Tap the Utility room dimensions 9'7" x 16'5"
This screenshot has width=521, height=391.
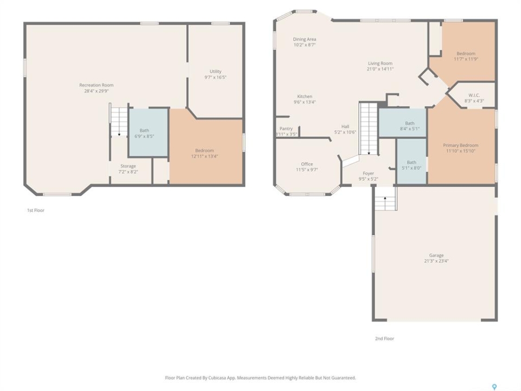click(215, 77)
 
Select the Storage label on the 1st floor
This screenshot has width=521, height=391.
click(128, 166)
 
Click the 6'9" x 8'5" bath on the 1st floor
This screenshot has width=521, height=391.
click(144, 134)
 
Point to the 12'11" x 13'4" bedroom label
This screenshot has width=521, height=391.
click(205, 153)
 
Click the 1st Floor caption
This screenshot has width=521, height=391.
click(36, 210)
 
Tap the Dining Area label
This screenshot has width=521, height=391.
click(304, 39)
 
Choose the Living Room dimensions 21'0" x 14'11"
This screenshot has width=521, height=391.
click(380, 69)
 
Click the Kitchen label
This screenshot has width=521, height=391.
click(304, 97)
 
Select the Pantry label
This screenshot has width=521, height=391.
click(286, 129)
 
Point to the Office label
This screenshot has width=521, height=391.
click(307, 164)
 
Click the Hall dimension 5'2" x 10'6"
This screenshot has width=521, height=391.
click(345, 132)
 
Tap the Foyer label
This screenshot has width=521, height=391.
click(368, 173)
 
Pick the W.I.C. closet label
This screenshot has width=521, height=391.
click(474, 95)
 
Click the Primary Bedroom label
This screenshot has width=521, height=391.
click(461, 146)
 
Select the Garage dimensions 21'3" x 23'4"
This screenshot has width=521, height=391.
click(436, 261)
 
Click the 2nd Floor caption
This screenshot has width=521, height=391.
click(384, 338)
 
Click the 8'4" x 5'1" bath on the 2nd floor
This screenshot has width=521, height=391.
click(410, 126)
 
